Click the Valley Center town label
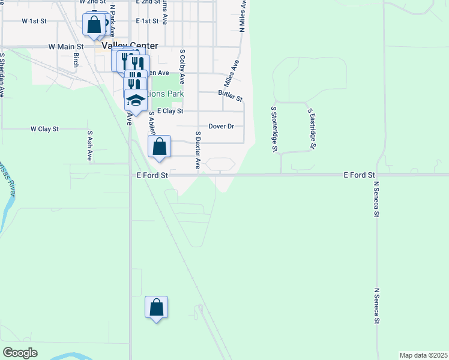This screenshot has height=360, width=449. click(130, 46)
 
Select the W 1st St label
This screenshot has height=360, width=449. click(34, 21)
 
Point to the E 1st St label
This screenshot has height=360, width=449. click(147, 21)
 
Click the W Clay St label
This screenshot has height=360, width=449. click(45, 129)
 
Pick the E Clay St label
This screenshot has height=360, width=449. click(170, 111)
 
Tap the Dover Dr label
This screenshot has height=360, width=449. click(221, 127)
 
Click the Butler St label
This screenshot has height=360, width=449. click(230, 95)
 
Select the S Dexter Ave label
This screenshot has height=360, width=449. click(197, 149)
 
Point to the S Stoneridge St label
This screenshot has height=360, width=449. click(274, 129)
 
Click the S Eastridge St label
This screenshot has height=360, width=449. click(312, 129)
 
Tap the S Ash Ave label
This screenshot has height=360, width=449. click(90, 146)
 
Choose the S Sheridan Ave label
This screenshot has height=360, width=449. click(2, 75)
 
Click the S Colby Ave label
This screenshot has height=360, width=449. click(182, 68)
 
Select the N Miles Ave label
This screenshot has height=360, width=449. click(243, 16)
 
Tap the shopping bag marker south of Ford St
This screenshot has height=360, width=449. click(156, 308)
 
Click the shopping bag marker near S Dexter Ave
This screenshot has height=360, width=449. click(160, 147)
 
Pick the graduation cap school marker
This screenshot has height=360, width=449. click(136, 99)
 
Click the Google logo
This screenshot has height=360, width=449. click(20, 353)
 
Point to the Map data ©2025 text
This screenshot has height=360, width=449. click(423, 355)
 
